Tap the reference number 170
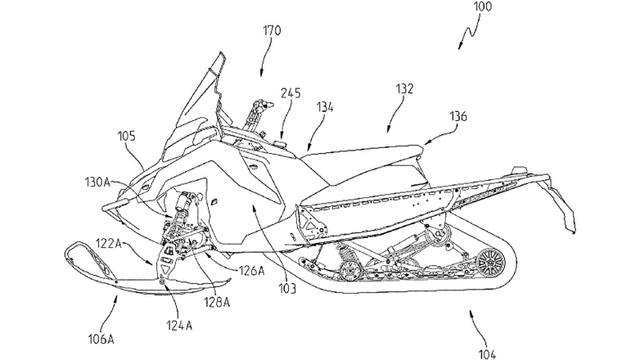point(273,33)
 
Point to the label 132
point(403,88)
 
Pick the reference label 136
point(457,117)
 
